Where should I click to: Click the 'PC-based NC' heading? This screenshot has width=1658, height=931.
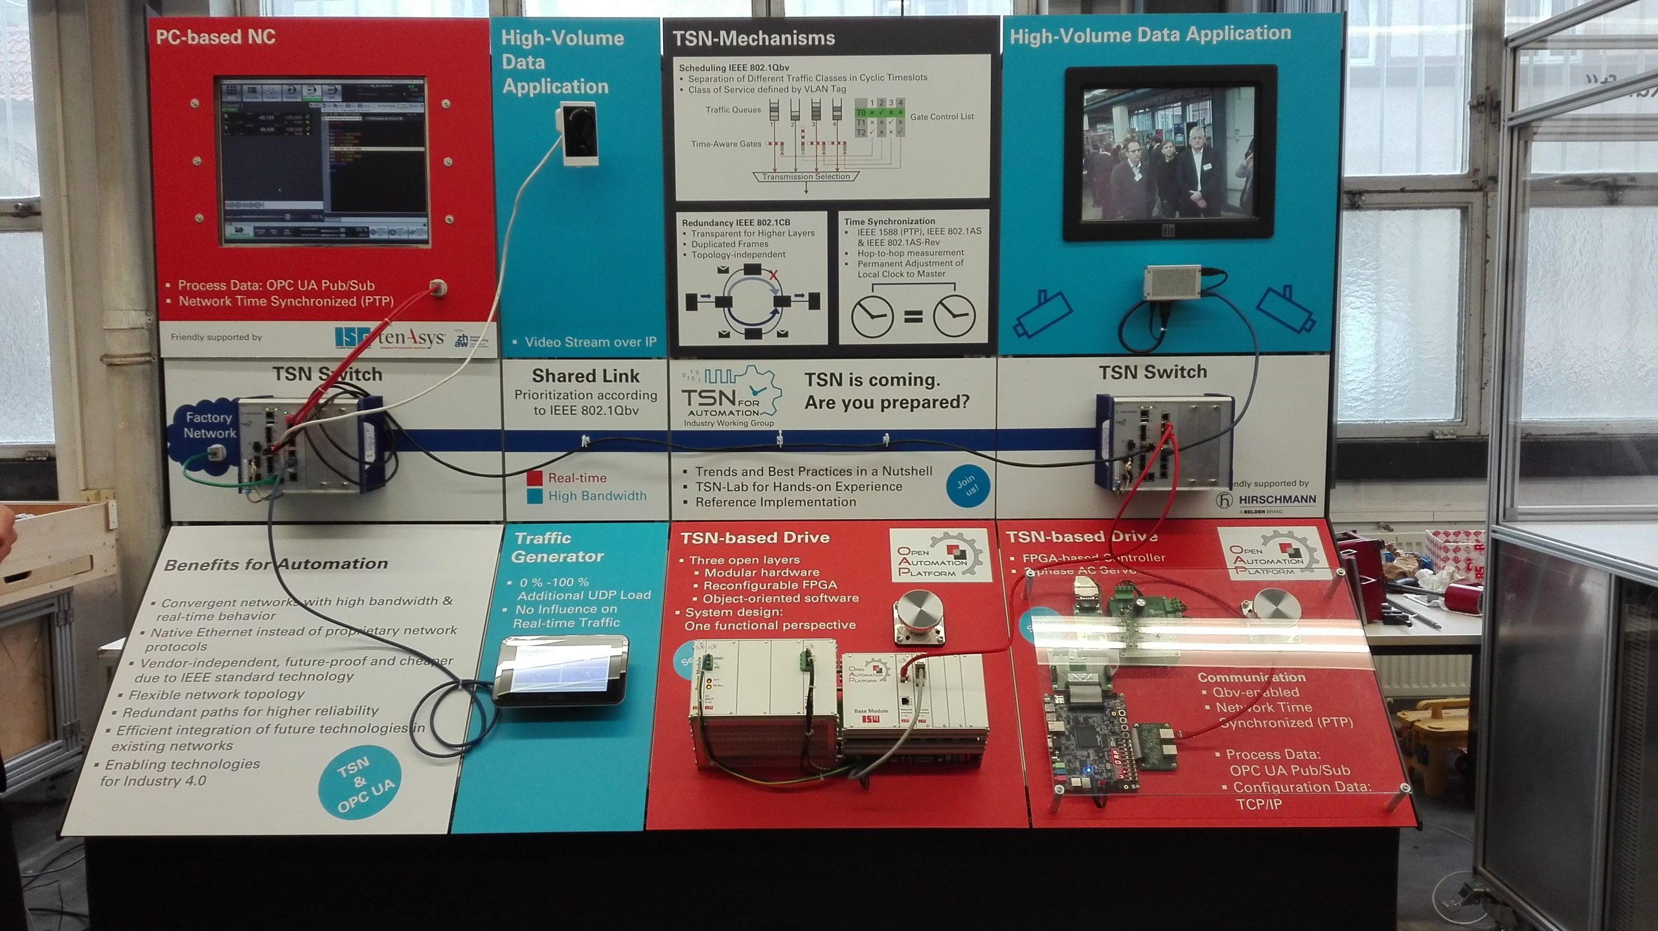point(216,37)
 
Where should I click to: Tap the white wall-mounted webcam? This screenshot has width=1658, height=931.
point(576,136)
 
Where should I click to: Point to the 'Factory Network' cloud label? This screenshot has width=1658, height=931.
point(209,425)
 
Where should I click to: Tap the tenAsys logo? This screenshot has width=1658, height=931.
point(411,338)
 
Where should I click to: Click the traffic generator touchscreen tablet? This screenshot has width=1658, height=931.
point(560,677)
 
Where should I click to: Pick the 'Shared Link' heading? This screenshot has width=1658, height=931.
point(585,376)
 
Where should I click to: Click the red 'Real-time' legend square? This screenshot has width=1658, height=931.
point(534,478)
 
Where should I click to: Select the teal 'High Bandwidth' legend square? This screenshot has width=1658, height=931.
point(534,497)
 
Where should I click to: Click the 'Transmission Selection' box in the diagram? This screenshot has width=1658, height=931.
point(806,177)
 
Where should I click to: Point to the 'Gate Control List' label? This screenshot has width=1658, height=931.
point(942,117)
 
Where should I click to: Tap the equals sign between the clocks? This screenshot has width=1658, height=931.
point(913,317)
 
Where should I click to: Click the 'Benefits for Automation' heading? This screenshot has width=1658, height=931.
point(275,565)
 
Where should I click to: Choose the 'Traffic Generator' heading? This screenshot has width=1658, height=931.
point(557,547)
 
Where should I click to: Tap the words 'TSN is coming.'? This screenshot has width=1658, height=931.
point(872,379)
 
